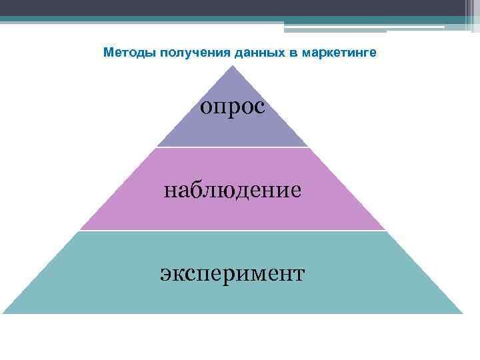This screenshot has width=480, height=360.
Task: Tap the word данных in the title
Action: tap(236, 53)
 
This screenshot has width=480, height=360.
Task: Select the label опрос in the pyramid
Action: tap(233, 106)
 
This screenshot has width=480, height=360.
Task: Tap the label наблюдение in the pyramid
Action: tap(233, 190)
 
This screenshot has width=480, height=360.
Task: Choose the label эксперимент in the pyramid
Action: tap(233, 273)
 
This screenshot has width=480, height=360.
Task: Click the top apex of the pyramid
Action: tap(233, 65)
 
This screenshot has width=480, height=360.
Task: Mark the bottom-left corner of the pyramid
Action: tap(4, 313)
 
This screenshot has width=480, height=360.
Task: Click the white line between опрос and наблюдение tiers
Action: tap(233, 147)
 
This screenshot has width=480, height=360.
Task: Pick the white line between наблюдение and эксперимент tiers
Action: tap(233, 231)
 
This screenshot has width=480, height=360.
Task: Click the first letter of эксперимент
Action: tap(165, 273)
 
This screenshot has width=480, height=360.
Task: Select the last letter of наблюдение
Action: tap(295, 191)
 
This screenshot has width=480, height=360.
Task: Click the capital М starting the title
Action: tap(108, 53)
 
